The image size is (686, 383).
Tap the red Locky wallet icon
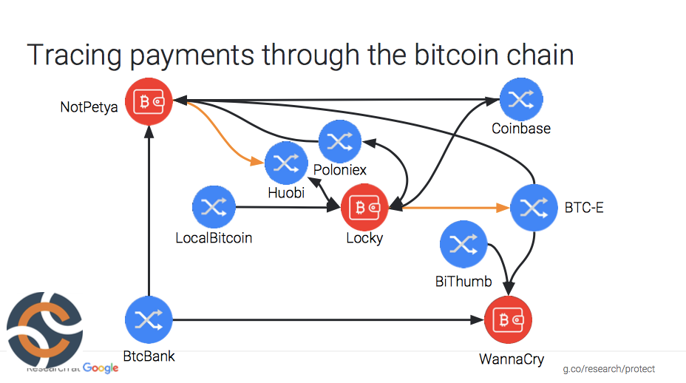coord(364,208)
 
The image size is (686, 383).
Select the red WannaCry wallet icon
coord(508,319)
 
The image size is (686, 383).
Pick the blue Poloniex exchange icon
coord(339,142)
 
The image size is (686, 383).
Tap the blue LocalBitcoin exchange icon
coord(214,208)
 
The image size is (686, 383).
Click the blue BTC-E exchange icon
coord(532,208)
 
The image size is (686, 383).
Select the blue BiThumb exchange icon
coord(462,246)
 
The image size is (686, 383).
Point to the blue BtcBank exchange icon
coord(149,319)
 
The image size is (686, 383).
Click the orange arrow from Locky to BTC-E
coord(451,208)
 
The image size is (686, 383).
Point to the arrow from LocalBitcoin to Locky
coord(288,208)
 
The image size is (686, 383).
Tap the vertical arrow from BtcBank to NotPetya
coord(149,214)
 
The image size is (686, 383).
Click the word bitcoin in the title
coord(444,56)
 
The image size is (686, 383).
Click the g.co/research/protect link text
coord(608,368)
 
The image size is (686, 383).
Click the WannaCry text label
coord(512,360)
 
